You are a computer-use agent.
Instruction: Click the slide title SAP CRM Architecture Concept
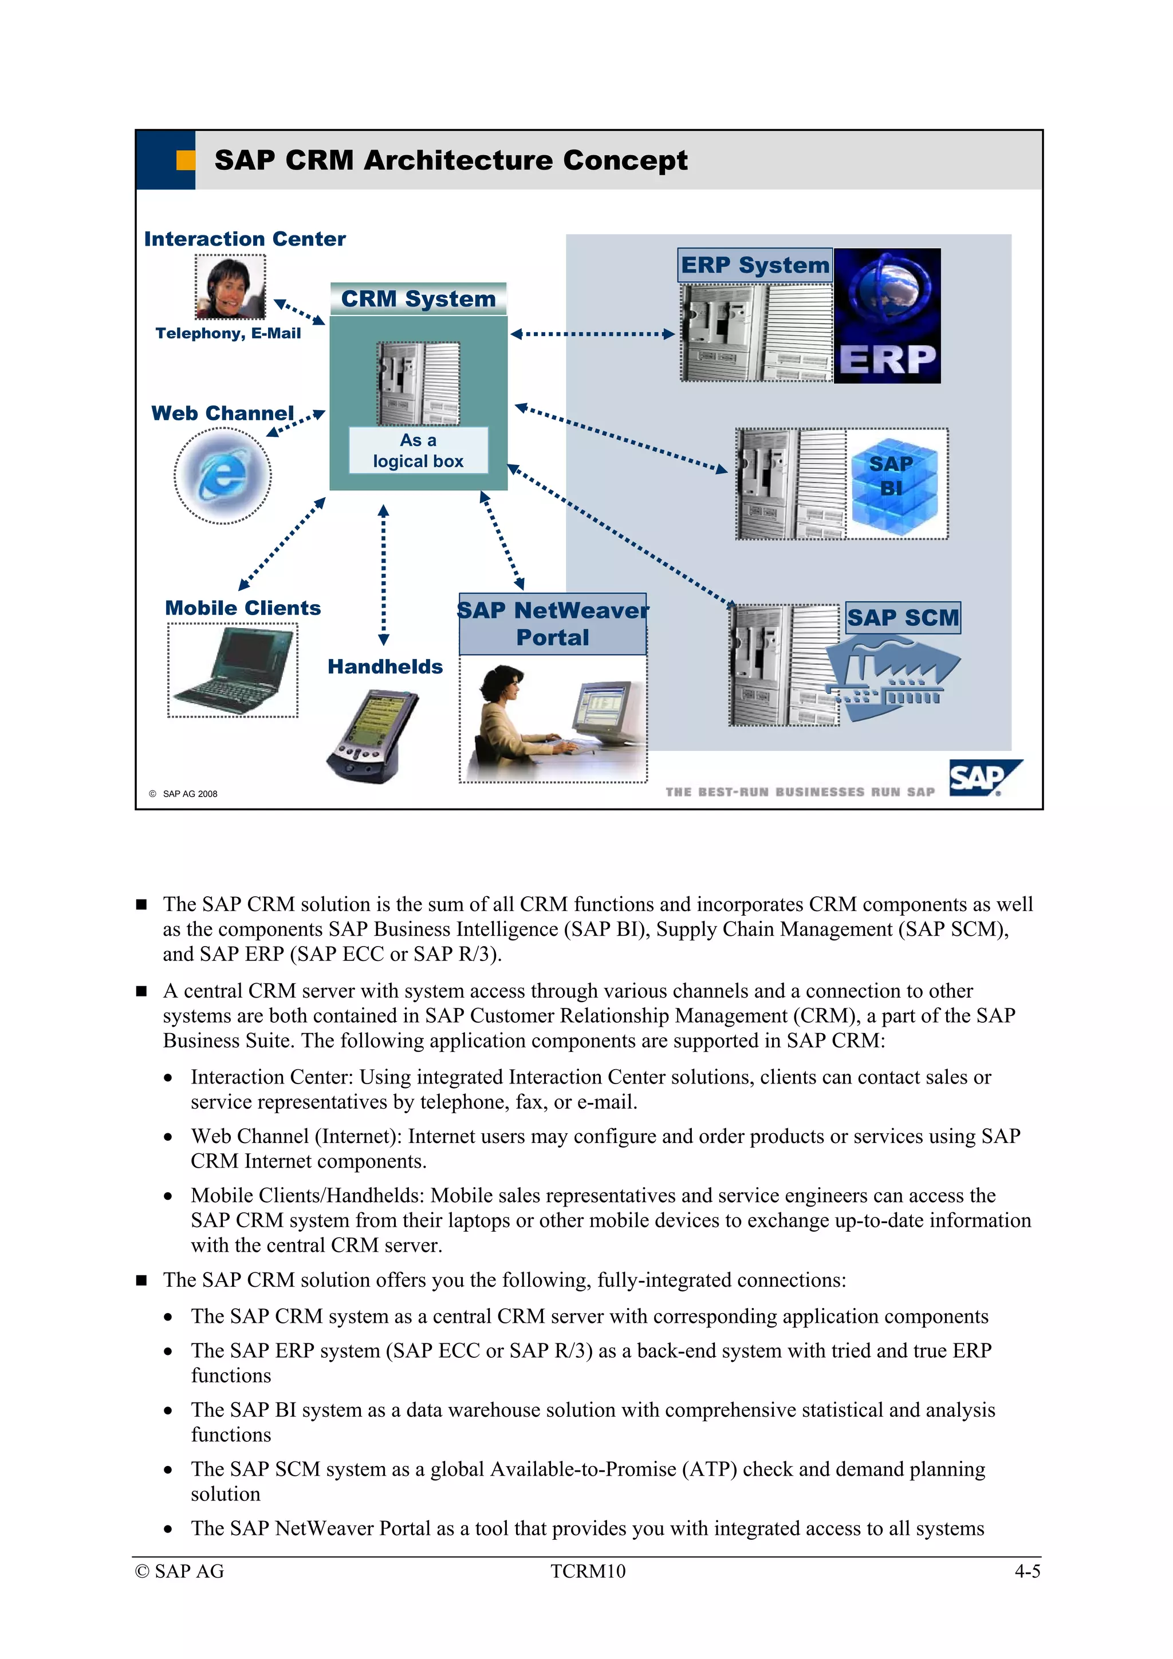click(450, 160)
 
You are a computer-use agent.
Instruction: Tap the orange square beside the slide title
click(186, 160)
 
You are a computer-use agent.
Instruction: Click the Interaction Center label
click(245, 239)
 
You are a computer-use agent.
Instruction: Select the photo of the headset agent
click(231, 287)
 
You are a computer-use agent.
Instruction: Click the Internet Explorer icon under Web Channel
click(223, 475)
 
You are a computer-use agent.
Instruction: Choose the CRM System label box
click(419, 299)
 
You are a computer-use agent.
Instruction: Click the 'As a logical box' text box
click(419, 450)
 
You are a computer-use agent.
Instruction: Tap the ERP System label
click(754, 265)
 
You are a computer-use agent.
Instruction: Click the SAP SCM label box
click(903, 618)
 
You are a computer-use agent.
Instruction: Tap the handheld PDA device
click(373, 735)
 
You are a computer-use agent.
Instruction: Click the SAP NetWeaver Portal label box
click(553, 624)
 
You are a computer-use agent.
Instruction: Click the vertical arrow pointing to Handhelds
click(384, 574)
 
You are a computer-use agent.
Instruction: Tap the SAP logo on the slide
click(983, 778)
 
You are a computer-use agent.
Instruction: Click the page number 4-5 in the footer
click(1027, 1571)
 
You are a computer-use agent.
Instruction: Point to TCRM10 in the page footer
click(588, 1571)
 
